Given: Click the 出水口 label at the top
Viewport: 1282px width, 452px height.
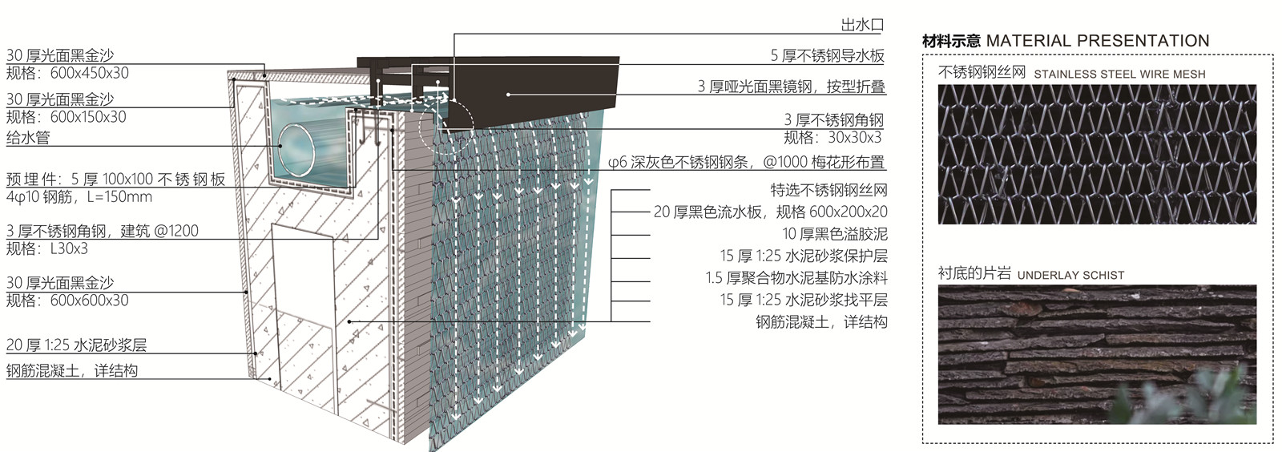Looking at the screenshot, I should (862, 26).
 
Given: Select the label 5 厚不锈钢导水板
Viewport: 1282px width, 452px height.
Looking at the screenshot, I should (827, 55).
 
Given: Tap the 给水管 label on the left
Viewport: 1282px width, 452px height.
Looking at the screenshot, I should (28, 137).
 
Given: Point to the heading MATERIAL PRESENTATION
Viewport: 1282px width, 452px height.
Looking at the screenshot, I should (1097, 41).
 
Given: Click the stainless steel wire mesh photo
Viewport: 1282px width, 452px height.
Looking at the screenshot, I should (1097, 154).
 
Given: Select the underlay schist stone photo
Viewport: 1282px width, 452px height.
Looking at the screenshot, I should (1097, 354).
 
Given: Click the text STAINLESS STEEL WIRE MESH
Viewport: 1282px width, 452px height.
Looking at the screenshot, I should (1119, 75).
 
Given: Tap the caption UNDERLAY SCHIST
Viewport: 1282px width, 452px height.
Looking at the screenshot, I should (1070, 275).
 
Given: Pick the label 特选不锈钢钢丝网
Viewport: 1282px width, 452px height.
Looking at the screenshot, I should (828, 191).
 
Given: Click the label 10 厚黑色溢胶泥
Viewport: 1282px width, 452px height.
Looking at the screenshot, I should (835, 234).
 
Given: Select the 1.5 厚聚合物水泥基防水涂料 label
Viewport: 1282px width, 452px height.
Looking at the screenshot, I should (796, 278).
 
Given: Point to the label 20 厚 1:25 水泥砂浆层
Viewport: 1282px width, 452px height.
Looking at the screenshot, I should (77, 345).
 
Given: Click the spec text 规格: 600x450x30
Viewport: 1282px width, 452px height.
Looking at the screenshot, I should (67, 73).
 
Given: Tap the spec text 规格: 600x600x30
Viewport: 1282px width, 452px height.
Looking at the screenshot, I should (67, 301).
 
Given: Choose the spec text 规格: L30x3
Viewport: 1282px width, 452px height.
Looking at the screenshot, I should (47, 248).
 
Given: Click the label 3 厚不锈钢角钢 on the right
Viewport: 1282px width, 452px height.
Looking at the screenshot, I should (833, 120).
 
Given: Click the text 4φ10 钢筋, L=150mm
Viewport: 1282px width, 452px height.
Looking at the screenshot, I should (79, 197).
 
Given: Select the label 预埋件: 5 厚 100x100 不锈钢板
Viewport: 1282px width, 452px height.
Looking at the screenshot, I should (115, 180).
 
